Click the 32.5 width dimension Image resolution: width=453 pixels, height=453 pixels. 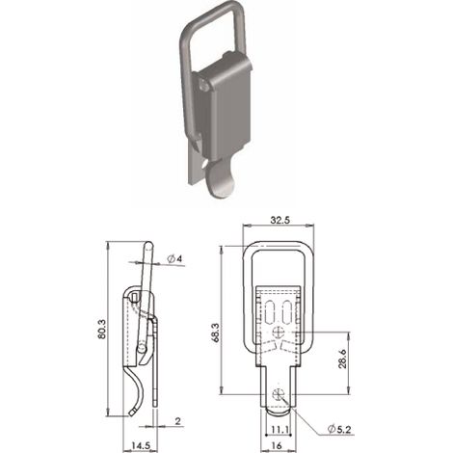[x=280, y=220]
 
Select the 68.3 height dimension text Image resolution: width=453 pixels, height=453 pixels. [x=215, y=333]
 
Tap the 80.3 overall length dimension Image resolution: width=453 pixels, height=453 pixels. [x=101, y=329]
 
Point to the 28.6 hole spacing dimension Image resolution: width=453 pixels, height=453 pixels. [x=342, y=359]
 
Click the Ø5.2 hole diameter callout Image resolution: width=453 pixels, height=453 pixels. [x=339, y=429]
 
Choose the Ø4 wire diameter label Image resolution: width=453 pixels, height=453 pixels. [x=175, y=258]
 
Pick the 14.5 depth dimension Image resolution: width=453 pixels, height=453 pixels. [x=141, y=445]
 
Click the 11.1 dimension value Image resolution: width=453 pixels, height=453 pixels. [x=280, y=429]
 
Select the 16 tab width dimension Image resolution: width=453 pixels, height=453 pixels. [x=277, y=445]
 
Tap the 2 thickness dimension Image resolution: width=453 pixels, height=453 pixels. [x=178, y=421]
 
